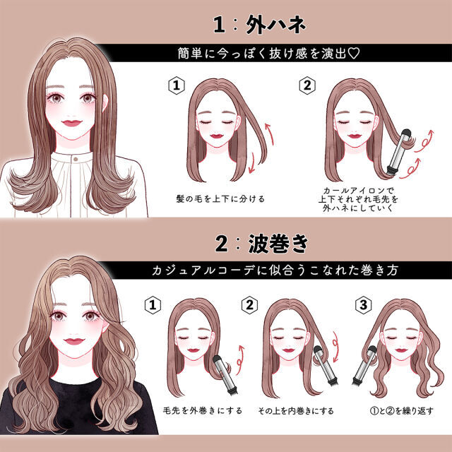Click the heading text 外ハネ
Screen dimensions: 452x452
coord(276,25)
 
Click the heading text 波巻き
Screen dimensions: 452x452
coord(278,244)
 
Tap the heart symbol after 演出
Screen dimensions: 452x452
coord(354,54)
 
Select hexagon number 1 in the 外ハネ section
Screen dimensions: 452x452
coord(176,85)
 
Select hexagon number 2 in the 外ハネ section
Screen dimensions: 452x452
coord(307,85)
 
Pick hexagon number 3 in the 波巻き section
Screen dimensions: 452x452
coord(363,305)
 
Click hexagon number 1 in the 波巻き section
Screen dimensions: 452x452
coord(153,305)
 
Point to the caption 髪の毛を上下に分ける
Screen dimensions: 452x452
coord(220,198)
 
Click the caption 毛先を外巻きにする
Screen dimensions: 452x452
coord(203,410)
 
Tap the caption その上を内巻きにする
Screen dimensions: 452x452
coord(296,410)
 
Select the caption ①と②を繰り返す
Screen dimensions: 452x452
coord(402,410)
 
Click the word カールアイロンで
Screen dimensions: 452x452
coord(358,191)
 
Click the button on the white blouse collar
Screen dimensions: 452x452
coord(76,159)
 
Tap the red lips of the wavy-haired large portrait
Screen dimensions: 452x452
coord(74,341)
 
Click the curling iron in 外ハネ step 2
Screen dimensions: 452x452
coord(398,153)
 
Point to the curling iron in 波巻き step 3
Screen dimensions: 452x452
coord(364,365)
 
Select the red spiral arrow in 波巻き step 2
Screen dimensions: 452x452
coord(335,347)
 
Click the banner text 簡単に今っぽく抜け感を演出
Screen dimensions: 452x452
coord(262,54)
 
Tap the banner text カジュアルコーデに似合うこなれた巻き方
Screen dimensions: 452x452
coord(275,270)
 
